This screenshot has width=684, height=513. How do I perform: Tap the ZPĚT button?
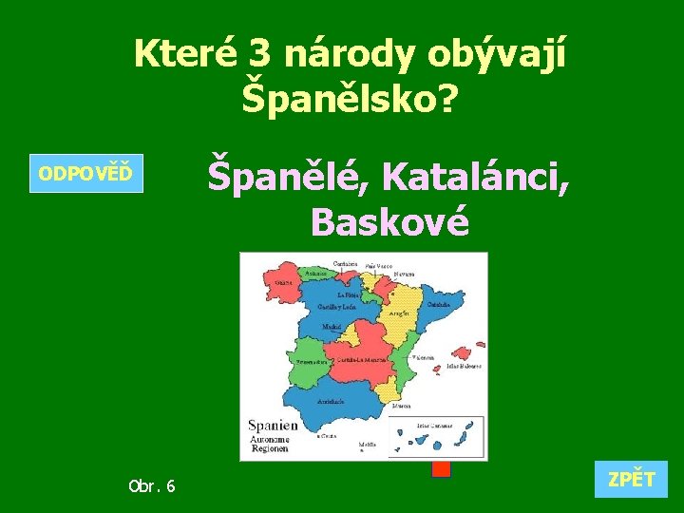[632, 480]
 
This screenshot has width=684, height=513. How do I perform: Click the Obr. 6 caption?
[152, 486]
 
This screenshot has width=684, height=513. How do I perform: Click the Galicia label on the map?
[283, 282]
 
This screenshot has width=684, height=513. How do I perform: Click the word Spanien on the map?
[273, 426]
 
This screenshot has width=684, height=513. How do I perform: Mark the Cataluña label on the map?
[438, 305]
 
